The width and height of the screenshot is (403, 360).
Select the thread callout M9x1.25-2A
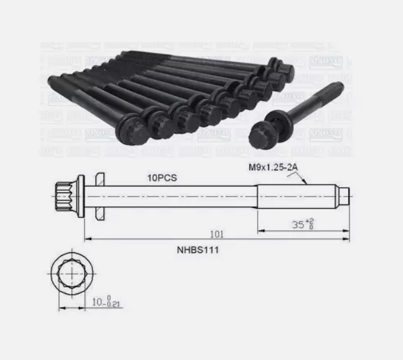[x=273, y=169]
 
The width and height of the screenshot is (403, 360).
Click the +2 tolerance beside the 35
[x=311, y=220]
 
